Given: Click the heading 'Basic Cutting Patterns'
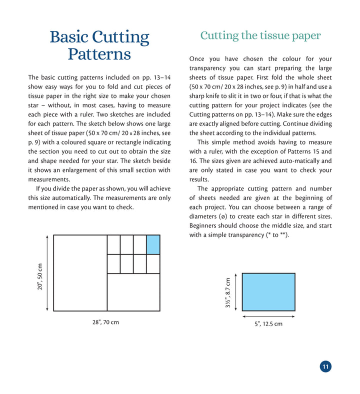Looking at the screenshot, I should coord(99,45).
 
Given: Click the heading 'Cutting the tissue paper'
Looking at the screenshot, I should coord(260,35).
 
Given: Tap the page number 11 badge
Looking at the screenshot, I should coord(325,367).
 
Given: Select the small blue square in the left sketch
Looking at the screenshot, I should coord(153,244).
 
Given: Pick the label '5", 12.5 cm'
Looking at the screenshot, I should coord(268,324).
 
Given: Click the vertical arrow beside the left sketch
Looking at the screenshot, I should coord(47,273).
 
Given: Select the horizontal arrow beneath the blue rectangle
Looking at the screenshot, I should coord(268,316).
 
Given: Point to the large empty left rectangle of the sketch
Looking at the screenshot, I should coord(80,273).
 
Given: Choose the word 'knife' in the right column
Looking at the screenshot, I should coord(222,96).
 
